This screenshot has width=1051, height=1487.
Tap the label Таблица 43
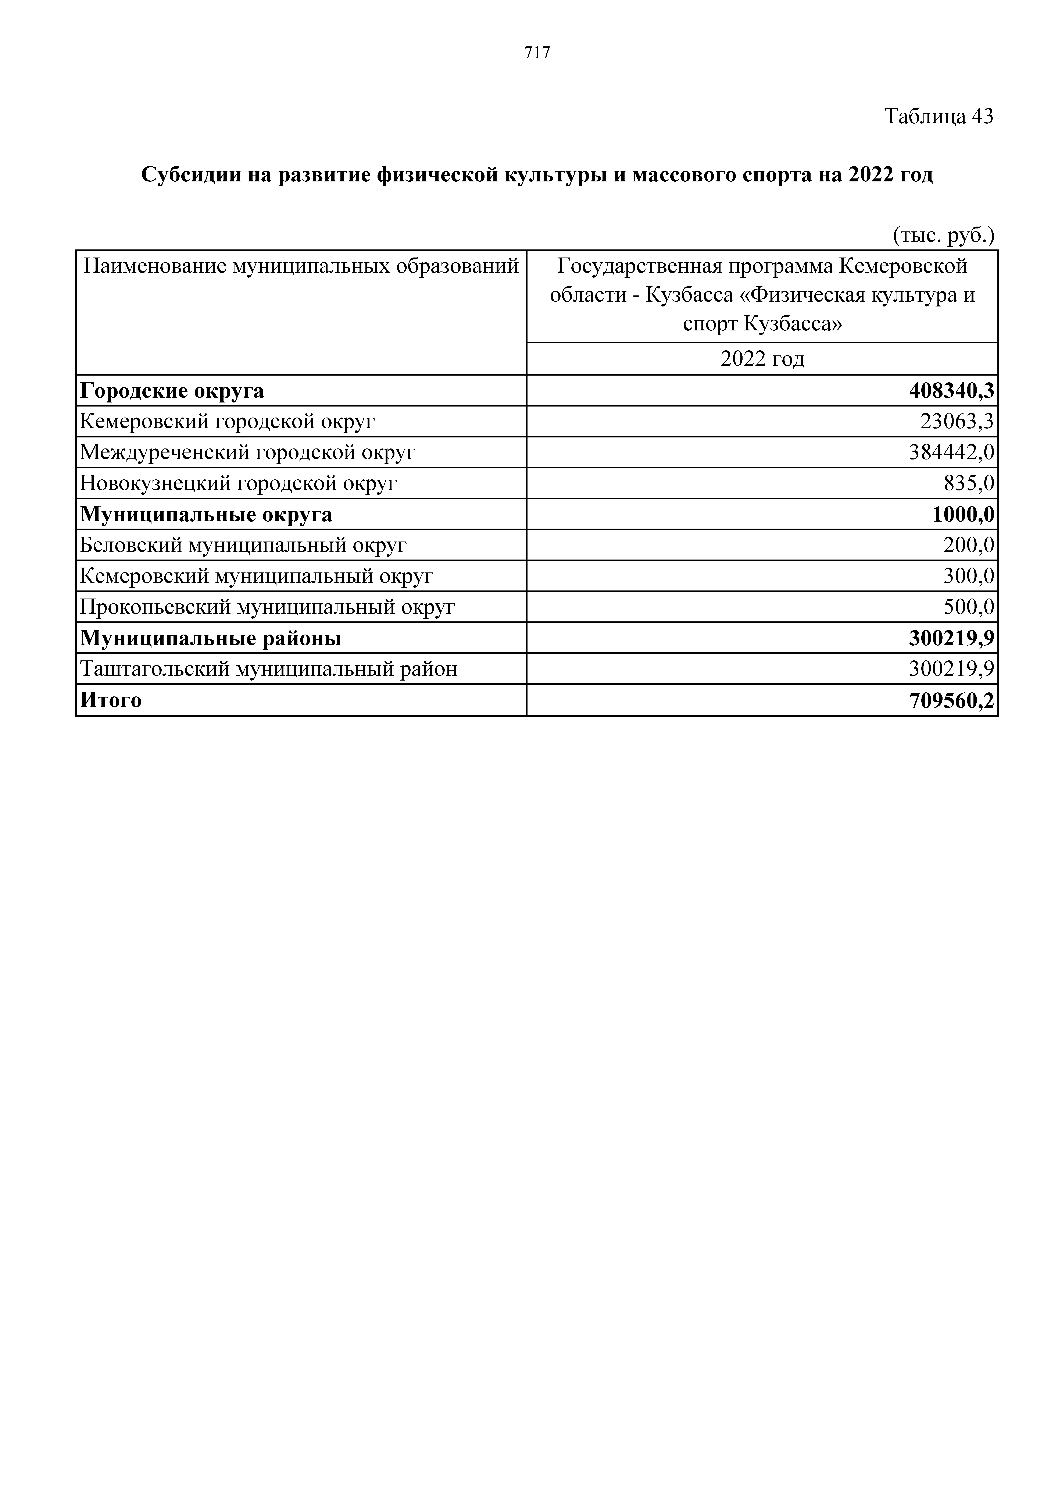pyautogui.click(x=938, y=117)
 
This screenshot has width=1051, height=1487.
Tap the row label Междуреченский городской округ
pyautogui.click(x=247, y=452)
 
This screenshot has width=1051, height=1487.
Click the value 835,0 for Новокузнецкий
pyautogui.click(x=969, y=483)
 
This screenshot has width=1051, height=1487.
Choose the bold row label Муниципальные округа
pyautogui.click(x=206, y=514)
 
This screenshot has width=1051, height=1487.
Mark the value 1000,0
pyautogui.click(x=963, y=514)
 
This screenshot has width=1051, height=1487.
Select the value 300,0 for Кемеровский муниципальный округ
pyautogui.click(x=969, y=576)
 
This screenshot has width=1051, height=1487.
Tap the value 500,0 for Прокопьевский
pyautogui.click(x=969, y=607)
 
